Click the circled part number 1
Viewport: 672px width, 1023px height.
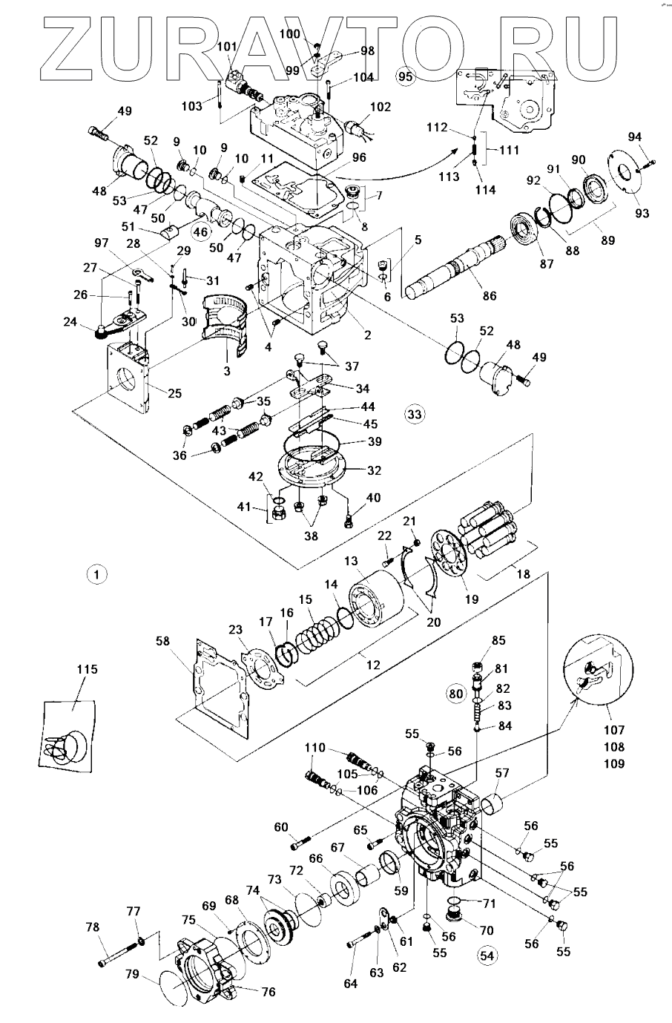click(97, 573)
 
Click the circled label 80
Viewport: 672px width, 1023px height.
click(455, 694)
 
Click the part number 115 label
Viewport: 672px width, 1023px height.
click(87, 669)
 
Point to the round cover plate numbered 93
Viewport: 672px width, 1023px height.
click(621, 174)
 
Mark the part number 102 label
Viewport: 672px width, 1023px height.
click(380, 107)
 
